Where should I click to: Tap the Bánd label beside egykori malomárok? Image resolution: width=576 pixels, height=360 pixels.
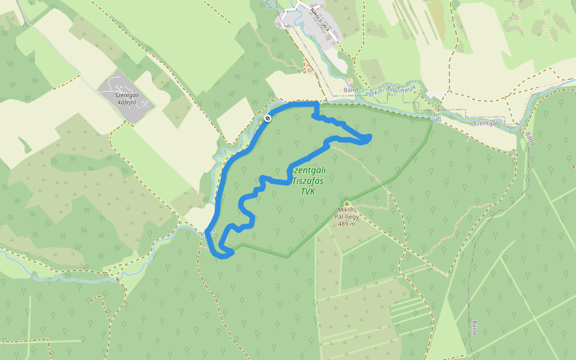(x=350, y=91)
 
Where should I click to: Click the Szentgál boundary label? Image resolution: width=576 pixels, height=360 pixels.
(x=485, y=123)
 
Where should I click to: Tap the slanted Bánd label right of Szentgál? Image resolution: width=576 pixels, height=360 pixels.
(x=530, y=139)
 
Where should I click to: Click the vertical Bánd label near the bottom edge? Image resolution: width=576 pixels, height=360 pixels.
(x=474, y=328)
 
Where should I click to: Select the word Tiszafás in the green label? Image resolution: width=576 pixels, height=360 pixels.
(x=308, y=181)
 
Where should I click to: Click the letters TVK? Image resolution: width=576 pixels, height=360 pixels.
(x=308, y=192)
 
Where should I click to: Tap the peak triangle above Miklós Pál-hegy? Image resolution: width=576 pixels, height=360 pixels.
(x=346, y=203)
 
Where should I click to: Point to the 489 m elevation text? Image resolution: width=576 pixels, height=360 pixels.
(x=346, y=224)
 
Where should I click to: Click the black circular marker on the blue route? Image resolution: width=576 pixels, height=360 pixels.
(x=267, y=118)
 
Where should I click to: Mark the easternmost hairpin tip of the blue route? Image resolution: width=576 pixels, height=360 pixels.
(x=368, y=139)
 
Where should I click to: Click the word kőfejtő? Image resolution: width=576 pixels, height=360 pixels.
(x=127, y=102)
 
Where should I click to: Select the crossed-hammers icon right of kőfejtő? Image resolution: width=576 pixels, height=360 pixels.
(x=145, y=101)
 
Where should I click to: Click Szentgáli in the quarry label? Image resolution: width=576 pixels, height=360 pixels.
(x=127, y=95)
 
